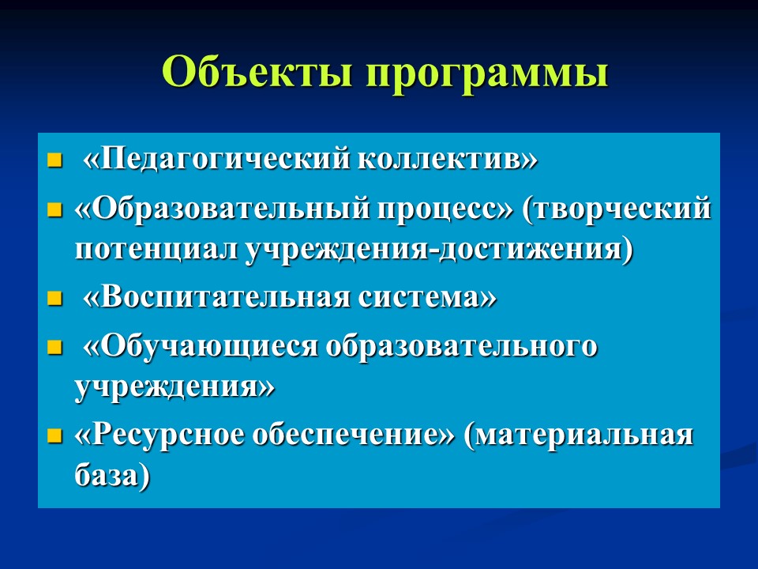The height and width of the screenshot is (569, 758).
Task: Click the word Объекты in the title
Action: (259, 73)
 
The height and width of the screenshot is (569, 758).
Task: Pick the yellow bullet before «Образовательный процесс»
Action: (54, 212)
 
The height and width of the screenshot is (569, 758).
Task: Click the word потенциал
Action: (156, 248)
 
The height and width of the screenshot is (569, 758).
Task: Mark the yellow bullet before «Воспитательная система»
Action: (54, 301)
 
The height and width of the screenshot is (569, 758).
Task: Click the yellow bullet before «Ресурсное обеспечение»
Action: (54, 439)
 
